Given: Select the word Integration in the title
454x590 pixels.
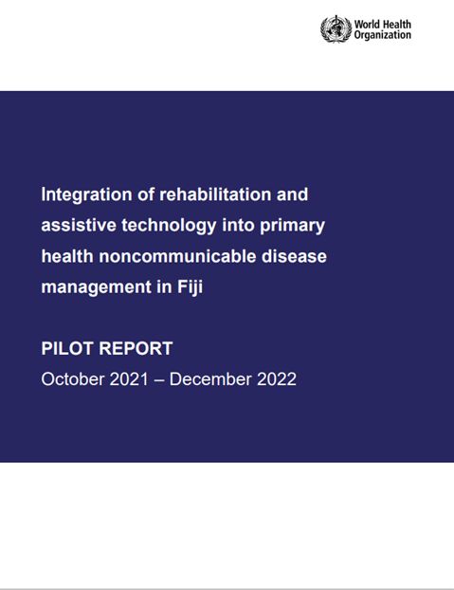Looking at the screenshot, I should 85,195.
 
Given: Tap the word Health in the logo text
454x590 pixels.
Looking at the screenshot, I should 398,22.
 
